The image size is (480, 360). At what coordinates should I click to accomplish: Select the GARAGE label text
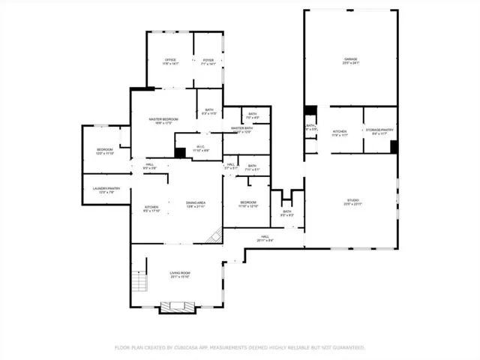[x=351, y=60]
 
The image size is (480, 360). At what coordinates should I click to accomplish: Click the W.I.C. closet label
[x=201, y=148]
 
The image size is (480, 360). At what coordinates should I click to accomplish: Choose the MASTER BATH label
[x=241, y=129]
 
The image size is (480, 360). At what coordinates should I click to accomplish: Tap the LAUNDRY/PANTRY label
[x=106, y=190]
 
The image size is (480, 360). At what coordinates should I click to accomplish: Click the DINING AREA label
[x=196, y=204]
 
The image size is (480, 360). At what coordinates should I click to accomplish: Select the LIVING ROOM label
[x=179, y=274]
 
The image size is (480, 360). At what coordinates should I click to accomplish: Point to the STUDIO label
[x=352, y=201]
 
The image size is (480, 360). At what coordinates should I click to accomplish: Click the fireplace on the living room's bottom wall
[x=178, y=306]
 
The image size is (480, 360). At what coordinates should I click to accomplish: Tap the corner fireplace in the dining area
[x=215, y=236]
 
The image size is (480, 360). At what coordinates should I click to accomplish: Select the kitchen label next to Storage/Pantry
[x=340, y=132]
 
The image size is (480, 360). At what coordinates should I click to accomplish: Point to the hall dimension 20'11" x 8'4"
[x=265, y=240]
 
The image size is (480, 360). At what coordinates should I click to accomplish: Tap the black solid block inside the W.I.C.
[x=180, y=152]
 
